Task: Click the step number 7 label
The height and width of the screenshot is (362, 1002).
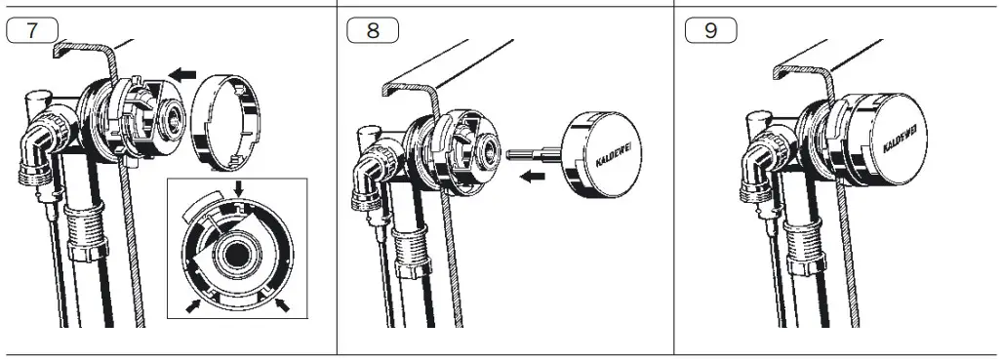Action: point(32,30)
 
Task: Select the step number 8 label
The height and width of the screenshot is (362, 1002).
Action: point(373,30)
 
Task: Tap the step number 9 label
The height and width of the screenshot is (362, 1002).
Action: point(711,30)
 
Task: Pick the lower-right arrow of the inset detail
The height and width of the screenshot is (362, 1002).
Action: point(284,307)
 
